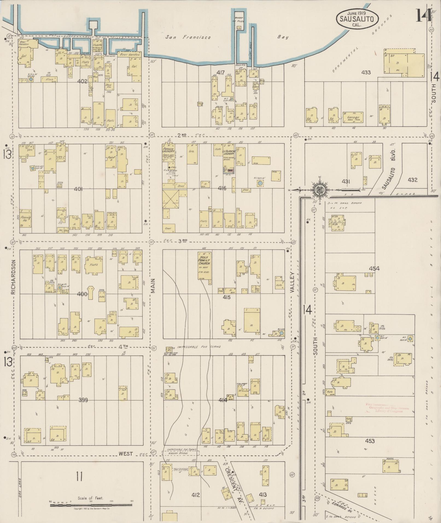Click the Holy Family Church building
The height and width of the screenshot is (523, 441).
pyautogui.click(x=205, y=265)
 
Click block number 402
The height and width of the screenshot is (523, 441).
pyautogui.click(x=82, y=81)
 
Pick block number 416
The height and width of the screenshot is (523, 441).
pyautogui.click(x=222, y=188)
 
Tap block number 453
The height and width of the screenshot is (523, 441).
pyautogui.click(x=370, y=441)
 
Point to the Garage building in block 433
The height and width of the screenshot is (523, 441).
pyautogui.click(x=353, y=118)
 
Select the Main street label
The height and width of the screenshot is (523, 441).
pyautogui.click(x=153, y=286)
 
